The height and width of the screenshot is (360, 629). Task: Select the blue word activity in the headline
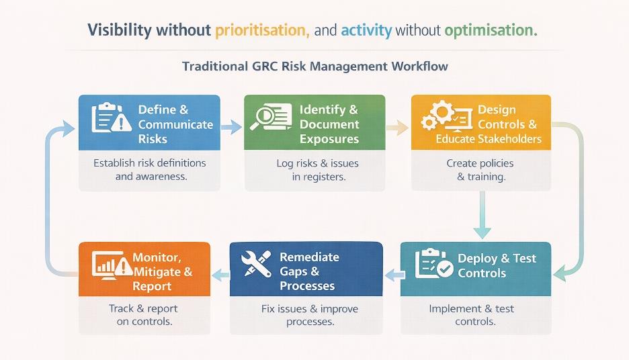[x=366, y=31]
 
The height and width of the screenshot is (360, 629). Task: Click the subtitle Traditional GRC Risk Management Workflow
[x=314, y=67]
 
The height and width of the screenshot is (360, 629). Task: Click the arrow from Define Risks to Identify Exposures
[x=231, y=126]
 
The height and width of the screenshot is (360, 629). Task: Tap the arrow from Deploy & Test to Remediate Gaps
[x=394, y=274]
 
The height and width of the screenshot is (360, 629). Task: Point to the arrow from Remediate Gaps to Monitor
[x=220, y=274]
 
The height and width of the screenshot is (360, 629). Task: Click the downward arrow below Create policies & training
[x=481, y=215]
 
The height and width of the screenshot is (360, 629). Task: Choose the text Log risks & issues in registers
[x=317, y=170]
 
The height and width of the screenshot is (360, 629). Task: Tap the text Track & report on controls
[x=143, y=315]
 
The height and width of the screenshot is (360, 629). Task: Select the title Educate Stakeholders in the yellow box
[x=489, y=139]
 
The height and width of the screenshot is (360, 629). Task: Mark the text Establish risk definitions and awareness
[x=150, y=170]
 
